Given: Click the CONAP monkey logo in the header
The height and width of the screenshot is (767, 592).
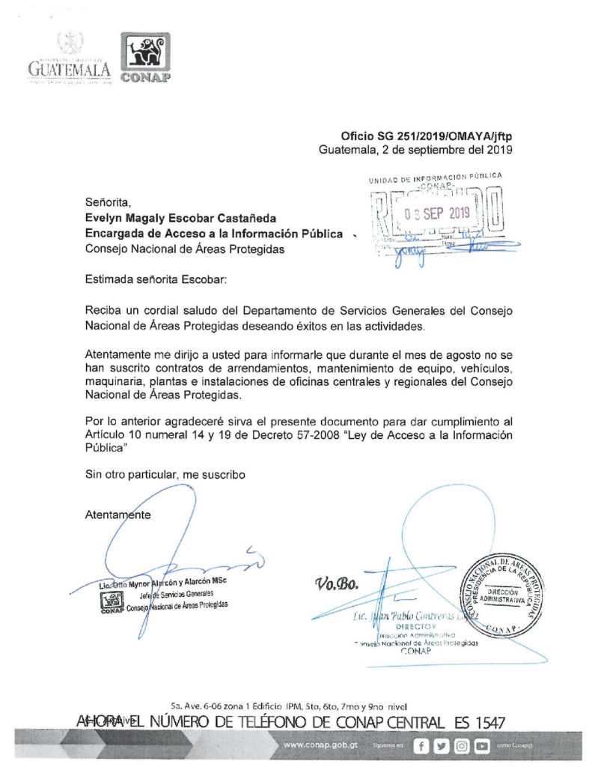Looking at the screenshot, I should (145, 58).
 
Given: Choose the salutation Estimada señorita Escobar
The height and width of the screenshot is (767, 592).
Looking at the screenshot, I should (154, 279).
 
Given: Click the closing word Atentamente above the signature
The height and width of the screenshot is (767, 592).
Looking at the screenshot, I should (118, 515).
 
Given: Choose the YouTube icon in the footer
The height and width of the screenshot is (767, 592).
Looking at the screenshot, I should (482, 746).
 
